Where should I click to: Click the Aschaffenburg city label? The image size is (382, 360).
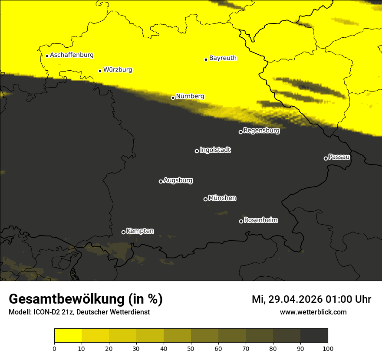pyautogui.click(x=72, y=55)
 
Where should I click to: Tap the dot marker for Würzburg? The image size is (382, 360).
pyautogui.click(x=100, y=71)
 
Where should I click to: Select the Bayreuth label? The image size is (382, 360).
pyautogui.click(x=223, y=58)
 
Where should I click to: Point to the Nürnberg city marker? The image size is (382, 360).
pyautogui.click(x=173, y=98)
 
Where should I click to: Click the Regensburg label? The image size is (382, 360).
pyautogui.click(x=261, y=130)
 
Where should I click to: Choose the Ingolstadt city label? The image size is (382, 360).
pyautogui.click(x=215, y=150)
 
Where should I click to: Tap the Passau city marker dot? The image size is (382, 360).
pyautogui.click(x=326, y=158)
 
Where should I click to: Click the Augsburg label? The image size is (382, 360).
pyautogui.click(x=178, y=180)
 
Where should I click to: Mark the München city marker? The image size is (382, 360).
pyautogui.click(x=205, y=199)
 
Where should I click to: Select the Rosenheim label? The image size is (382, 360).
pyautogui.click(x=260, y=220)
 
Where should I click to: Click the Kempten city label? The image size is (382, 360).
pyautogui.click(x=140, y=231)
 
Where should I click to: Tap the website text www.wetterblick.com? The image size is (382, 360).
pyautogui.click(x=313, y=312)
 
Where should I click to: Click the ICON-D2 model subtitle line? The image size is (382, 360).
pyautogui.click(x=79, y=312)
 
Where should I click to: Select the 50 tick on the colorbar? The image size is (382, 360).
pyautogui.click(x=191, y=348)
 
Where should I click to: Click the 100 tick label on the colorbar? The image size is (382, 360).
pyautogui.click(x=327, y=348)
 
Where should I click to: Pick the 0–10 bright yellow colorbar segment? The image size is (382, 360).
pyautogui.click(x=68, y=336)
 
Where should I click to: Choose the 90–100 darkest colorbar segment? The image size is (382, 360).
pyautogui.click(x=314, y=336)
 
